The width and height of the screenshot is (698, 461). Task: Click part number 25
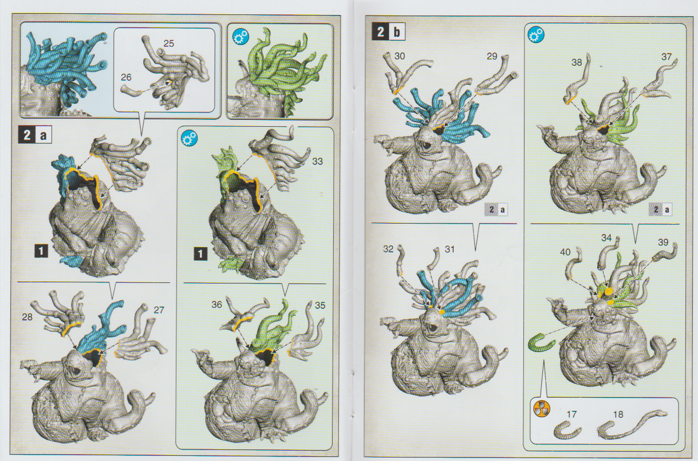tap(168, 43)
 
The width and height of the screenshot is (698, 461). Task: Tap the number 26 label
tap(126, 77)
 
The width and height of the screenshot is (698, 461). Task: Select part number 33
tap(317, 161)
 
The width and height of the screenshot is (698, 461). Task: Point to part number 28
tap(27, 317)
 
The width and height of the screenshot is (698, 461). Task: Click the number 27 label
tap(159, 310)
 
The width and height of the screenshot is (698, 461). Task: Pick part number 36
tap(217, 304)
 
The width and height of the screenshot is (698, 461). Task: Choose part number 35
tap(320, 305)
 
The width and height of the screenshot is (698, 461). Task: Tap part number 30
tap(399, 56)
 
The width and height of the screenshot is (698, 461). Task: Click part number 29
tap(492, 56)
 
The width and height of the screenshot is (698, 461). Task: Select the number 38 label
tap(577, 62)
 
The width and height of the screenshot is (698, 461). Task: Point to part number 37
tap(666, 56)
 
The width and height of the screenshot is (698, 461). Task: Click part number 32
tap(388, 249)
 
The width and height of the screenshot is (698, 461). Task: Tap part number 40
tap(565, 252)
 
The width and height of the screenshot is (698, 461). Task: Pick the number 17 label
tap(572, 414)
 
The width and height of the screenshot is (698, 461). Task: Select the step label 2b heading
tap(388, 32)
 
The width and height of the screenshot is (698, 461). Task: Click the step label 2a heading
tap(35, 135)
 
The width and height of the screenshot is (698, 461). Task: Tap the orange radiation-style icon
tap(542, 409)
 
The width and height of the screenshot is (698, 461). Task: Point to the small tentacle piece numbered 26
tap(131, 90)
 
